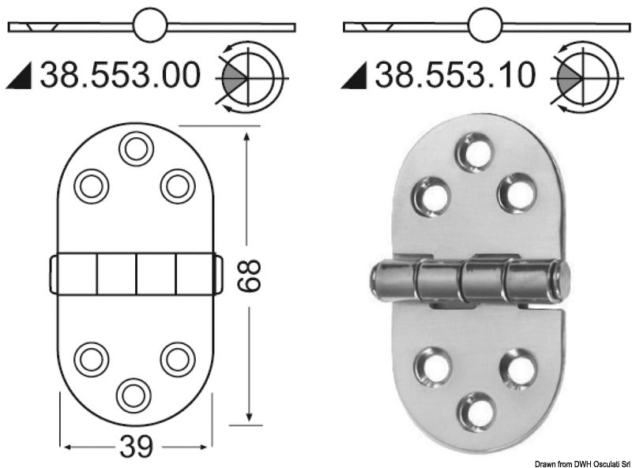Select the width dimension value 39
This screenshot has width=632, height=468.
pyautogui.click(x=136, y=447)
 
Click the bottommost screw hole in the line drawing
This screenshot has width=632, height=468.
pyautogui.click(x=134, y=394)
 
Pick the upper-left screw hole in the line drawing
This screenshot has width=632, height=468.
pyautogui.click(x=92, y=185)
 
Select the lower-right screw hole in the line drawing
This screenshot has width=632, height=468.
pyautogui.click(x=178, y=360)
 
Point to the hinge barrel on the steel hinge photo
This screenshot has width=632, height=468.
pyautogui.click(x=470, y=281)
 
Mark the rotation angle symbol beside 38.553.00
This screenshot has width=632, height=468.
pyautogui.click(x=250, y=78)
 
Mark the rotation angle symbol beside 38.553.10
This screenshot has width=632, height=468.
pyautogui.click(x=582, y=78)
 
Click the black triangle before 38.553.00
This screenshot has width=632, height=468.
pyautogui.click(x=23, y=78)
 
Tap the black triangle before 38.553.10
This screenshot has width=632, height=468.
pyautogui.click(x=357, y=78)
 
